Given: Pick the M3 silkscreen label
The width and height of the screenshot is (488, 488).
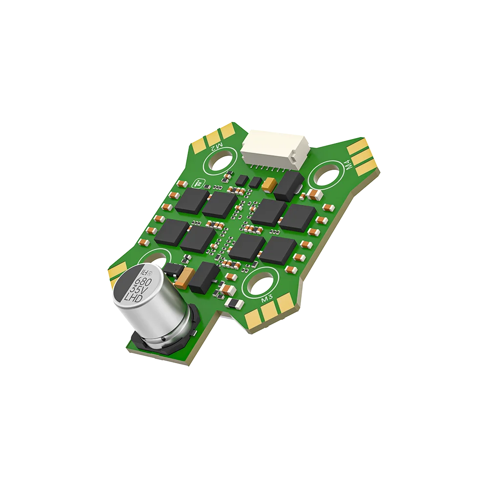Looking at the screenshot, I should (266, 299).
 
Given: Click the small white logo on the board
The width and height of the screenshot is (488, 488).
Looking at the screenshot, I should (199, 183).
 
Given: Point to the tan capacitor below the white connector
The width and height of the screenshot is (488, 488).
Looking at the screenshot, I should (269, 184).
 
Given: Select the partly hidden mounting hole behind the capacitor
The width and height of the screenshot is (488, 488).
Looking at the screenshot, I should (159, 256).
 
